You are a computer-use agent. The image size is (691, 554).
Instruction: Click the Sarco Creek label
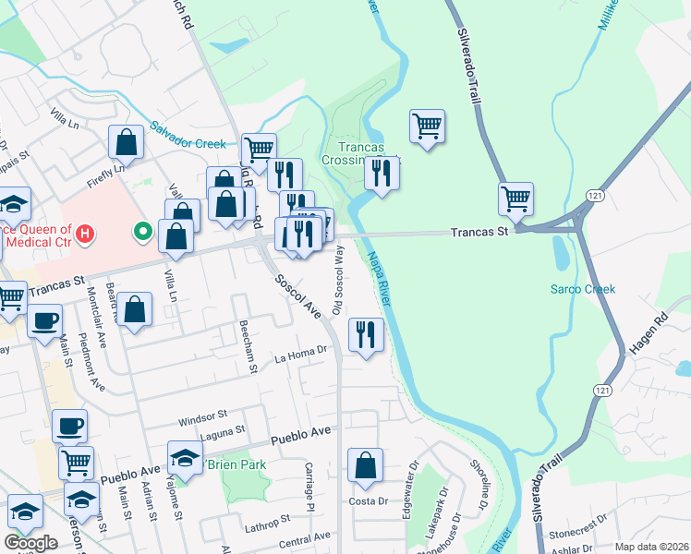click(x=583, y=289)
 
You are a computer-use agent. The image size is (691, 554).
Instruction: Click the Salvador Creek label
click(x=188, y=138)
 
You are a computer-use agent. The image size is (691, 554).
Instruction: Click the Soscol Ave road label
click(x=297, y=295)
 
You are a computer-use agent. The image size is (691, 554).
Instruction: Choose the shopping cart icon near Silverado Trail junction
click(x=515, y=198)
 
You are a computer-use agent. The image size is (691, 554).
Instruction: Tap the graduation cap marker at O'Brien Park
click(x=185, y=458)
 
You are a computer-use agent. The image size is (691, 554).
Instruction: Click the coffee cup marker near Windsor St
click(x=69, y=426)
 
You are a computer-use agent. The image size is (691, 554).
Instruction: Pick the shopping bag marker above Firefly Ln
click(x=126, y=142)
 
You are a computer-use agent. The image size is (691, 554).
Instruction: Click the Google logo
click(x=30, y=543)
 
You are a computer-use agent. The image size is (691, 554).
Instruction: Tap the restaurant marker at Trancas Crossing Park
click(x=382, y=172)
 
